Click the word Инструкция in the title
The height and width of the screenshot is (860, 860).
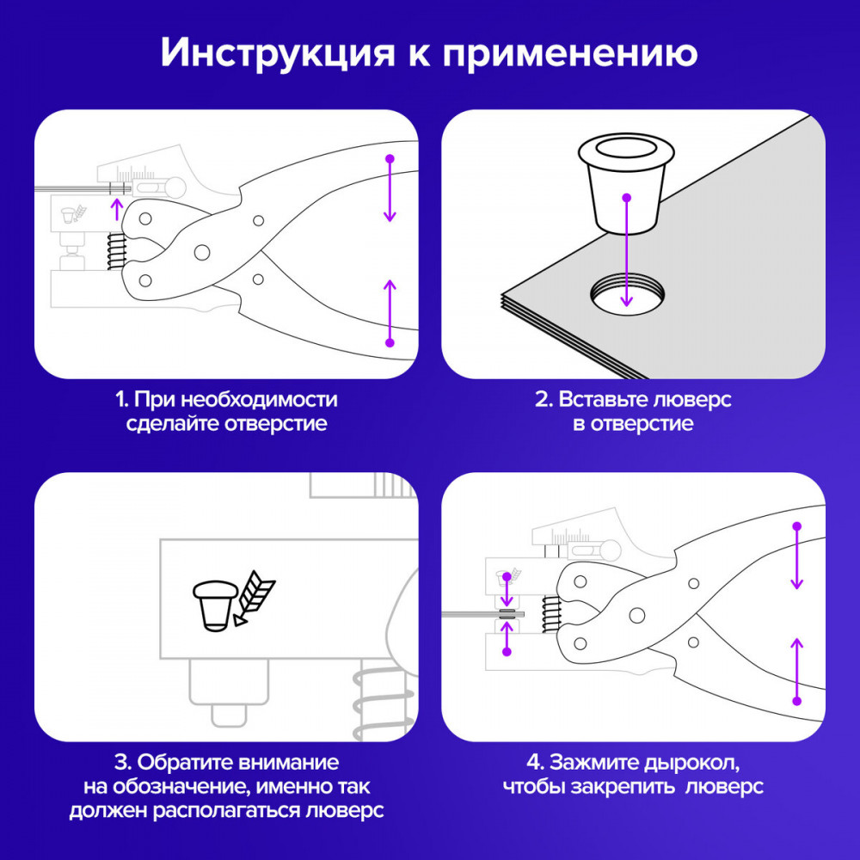coord(278,53)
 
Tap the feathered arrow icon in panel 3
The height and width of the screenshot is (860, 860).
coord(254,598)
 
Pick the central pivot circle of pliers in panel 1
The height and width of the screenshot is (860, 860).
coord(202,252)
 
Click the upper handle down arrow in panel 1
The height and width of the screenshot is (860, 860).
coord(390,189)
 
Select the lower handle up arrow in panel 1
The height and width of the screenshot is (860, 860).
coord(390,313)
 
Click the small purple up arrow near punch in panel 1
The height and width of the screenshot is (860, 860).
coord(116,210)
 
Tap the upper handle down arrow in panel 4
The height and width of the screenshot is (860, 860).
coord(797,556)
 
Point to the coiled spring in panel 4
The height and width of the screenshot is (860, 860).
coord(551,614)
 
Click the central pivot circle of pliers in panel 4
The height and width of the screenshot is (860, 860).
coord(636,616)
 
